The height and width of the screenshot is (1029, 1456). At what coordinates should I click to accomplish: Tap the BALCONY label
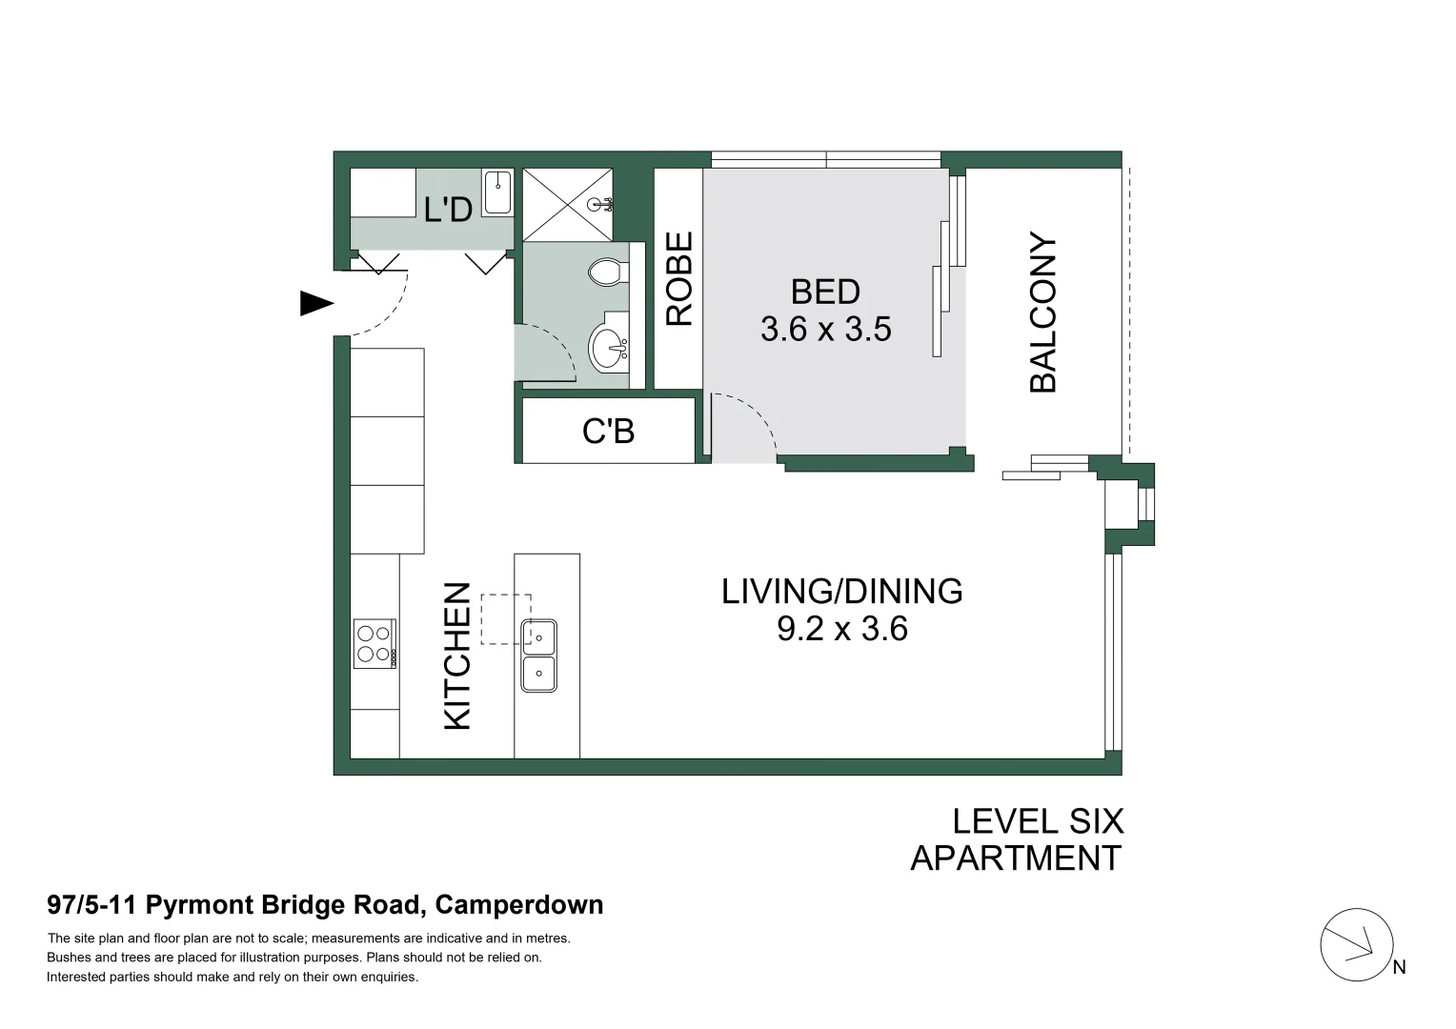pyautogui.click(x=1043, y=312)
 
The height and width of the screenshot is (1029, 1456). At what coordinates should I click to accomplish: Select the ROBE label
pyautogui.click(x=678, y=279)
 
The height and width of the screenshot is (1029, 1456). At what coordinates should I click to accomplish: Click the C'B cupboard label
pyautogui.click(x=608, y=432)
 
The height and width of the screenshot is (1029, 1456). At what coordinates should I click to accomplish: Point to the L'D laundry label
pyautogui.click(x=448, y=209)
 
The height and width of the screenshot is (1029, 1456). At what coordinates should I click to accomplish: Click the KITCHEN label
pyautogui.click(x=458, y=656)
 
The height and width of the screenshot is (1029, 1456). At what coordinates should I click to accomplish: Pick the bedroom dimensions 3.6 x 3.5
pyautogui.click(x=825, y=329)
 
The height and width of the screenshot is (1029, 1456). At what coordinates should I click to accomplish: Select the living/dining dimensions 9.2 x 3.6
pyautogui.click(x=841, y=629)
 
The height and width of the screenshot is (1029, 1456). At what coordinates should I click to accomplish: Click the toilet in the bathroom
pyautogui.click(x=605, y=273)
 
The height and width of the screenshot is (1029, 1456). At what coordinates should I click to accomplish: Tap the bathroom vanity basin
pyautogui.click(x=608, y=348)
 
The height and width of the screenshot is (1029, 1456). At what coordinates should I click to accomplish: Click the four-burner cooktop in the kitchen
pyautogui.click(x=374, y=643)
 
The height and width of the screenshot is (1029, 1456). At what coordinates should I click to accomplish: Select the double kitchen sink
pyautogui.click(x=538, y=656)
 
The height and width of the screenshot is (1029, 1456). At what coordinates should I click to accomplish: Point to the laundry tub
pyautogui.click(x=497, y=192)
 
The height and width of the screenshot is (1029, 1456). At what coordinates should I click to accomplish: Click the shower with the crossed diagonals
pyautogui.click(x=567, y=204)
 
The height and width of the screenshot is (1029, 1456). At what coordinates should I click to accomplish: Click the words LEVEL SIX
pyautogui.click(x=1037, y=821)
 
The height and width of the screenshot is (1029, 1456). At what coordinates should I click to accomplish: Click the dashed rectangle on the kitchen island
pyautogui.click(x=504, y=617)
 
